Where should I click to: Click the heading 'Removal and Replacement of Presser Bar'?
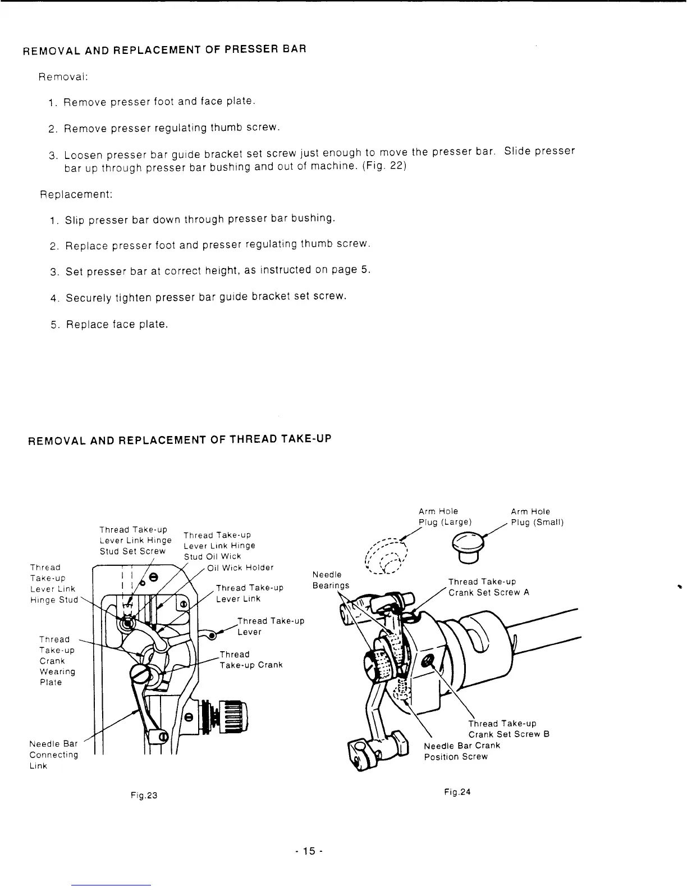(164, 49)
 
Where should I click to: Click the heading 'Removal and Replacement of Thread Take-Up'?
(180, 439)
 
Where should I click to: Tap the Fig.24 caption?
(456, 792)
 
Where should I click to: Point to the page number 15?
(307, 851)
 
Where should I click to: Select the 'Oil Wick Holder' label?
(240, 567)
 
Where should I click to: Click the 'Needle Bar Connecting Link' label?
(53, 755)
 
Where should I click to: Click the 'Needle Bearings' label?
(331, 580)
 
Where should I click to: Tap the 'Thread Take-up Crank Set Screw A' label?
(488, 587)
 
